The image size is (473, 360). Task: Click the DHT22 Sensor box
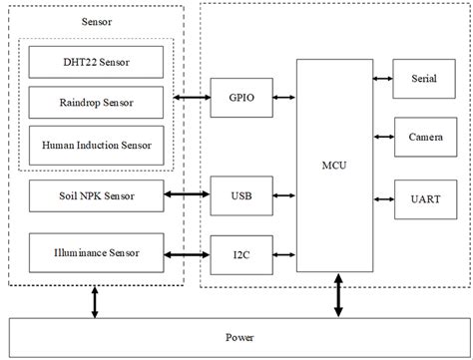[x=94, y=64]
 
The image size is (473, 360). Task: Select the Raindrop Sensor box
[x=94, y=102]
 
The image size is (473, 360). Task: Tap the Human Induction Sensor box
[x=94, y=144]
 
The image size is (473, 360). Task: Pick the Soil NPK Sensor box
[x=96, y=194]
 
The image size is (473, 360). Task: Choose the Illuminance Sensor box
[x=96, y=253]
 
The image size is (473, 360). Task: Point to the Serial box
[x=423, y=79]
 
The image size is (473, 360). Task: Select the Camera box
[x=423, y=136]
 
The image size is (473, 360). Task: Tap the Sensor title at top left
[x=94, y=21]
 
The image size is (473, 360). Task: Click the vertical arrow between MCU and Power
[x=337, y=295]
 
